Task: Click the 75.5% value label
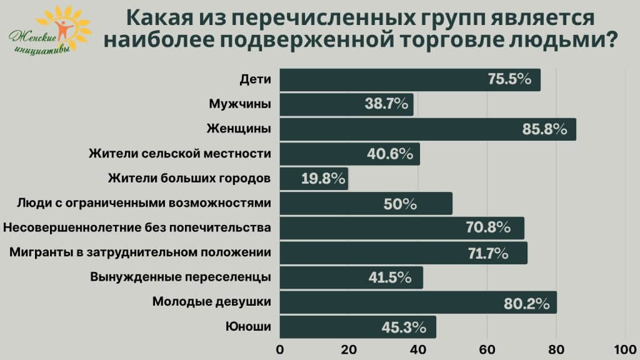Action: [509, 79]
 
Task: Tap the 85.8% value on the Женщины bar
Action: [544, 129]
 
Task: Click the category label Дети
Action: [255, 79]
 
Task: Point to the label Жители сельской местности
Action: [180, 154]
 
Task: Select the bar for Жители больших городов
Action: [312, 179]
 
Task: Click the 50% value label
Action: [401, 204]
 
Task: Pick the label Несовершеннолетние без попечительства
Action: [137, 228]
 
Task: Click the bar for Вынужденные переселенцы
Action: [351, 277]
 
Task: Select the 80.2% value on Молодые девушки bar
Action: [527, 303]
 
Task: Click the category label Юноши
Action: [248, 327]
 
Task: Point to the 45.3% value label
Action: [404, 327]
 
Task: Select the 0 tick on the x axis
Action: [280, 349]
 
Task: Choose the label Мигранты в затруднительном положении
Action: [140, 253]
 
